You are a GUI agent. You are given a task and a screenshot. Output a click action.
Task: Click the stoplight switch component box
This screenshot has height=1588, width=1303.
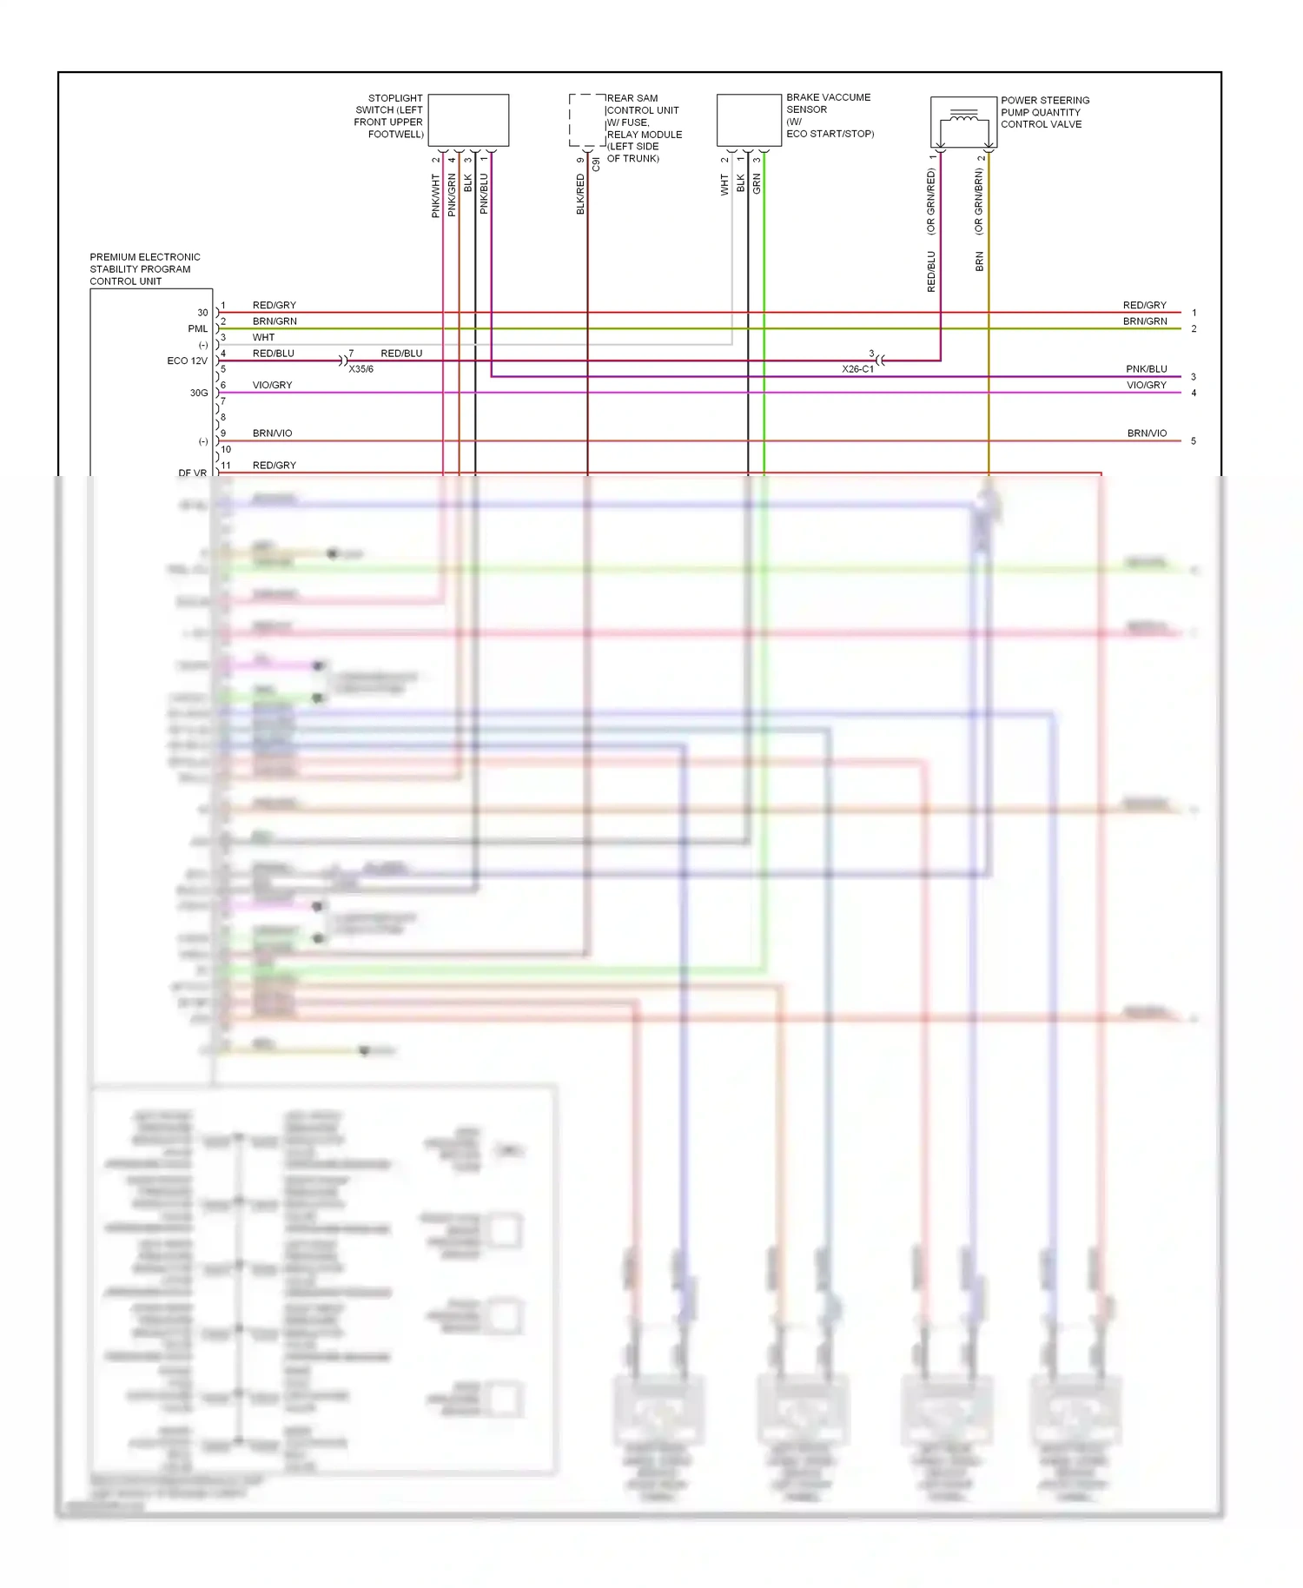click(x=468, y=120)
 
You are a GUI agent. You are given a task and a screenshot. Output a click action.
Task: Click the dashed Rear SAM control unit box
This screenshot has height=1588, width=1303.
click(x=587, y=120)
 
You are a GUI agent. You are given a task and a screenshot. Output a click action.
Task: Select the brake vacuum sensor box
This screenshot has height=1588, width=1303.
click(x=749, y=120)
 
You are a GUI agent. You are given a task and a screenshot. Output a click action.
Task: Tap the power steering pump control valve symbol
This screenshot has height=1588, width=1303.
click(x=963, y=122)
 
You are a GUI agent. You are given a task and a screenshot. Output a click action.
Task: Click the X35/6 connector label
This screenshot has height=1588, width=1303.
click(x=360, y=369)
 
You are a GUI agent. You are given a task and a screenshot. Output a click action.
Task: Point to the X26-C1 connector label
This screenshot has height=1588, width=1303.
click(x=857, y=369)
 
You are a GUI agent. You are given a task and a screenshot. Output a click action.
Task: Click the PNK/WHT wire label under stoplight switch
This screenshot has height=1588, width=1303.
click(x=436, y=195)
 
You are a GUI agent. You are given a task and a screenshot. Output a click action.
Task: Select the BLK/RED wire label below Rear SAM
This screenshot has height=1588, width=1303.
click(x=580, y=194)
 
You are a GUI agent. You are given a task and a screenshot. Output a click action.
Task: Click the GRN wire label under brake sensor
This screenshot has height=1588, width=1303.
click(x=757, y=183)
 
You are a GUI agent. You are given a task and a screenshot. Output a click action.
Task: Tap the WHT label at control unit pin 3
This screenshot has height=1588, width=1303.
click(x=263, y=337)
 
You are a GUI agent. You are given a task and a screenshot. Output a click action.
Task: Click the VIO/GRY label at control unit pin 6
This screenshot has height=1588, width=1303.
click(x=272, y=385)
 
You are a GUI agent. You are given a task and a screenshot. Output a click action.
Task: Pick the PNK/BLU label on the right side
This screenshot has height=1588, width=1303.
click(x=1146, y=369)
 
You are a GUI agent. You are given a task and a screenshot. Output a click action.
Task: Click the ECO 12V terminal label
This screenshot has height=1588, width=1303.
click(x=187, y=361)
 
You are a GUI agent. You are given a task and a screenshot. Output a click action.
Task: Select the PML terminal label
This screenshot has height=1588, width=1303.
click(x=197, y=328)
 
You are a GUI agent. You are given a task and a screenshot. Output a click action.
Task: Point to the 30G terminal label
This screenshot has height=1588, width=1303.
click(x=198, y=393)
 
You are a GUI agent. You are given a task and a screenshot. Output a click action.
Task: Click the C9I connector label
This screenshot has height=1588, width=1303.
click(x=596, y=163)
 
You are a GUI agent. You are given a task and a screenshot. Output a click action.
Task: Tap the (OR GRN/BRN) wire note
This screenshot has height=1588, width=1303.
click(x=979, y=202)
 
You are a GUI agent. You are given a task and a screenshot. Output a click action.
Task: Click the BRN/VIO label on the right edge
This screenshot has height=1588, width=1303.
click(x=1147, y=433)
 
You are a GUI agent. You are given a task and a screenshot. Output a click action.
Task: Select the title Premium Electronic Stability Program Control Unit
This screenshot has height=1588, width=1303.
click(x=144, y=269)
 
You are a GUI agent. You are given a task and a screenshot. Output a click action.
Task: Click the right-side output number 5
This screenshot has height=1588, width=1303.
click(x=1194, y=441)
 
